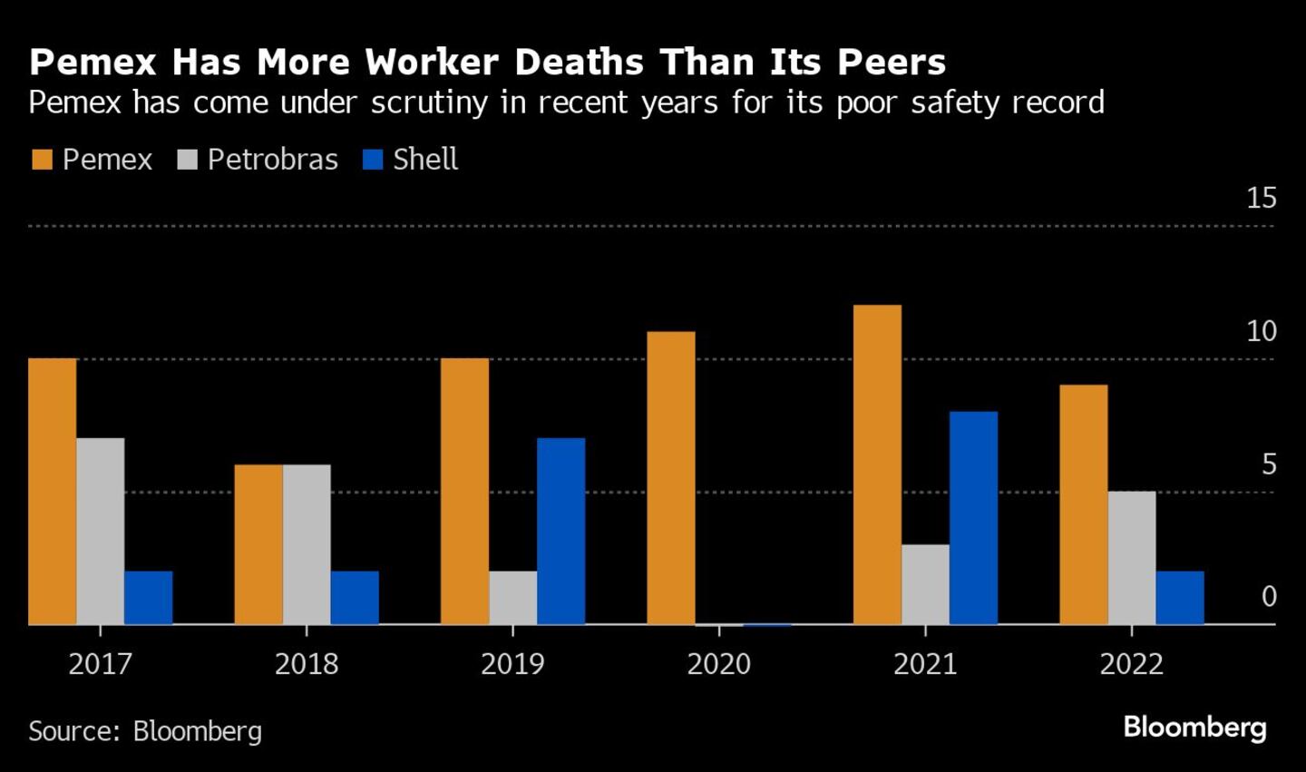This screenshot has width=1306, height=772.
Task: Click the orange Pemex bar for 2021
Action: (x=877, y=464)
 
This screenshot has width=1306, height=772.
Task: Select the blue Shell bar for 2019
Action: (x=560, y=531)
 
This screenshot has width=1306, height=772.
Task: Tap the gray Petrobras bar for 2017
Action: (x=101, y=531)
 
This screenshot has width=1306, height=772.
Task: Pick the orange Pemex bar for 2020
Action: (x=671, y=478)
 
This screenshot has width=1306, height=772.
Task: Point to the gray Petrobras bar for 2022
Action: (x=1132, y=558)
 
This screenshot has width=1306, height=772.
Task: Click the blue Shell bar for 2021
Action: (x=973, y=518)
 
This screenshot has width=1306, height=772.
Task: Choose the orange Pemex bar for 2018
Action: (x=258, y=544)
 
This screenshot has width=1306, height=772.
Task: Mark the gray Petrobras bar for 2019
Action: (x=512, y=598)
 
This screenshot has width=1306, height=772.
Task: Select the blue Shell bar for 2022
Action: (x=1180, y=598)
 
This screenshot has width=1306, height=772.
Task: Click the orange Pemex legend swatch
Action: (x=42, y=161)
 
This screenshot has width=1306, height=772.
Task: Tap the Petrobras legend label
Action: (x=272, y=160)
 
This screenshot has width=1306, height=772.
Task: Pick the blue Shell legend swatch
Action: (x=373, y=161)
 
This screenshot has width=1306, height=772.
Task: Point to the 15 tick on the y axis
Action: (x=1261, y=198)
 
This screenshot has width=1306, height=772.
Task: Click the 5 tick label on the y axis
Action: (x=1268, y=464)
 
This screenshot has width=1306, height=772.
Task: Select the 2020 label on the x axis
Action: (x=718, y=664)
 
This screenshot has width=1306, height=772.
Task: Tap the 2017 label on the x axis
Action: (x=101, y=664)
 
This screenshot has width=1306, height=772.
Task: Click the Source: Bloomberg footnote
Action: (x=145, y=731)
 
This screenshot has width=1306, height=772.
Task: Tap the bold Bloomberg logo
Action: (x=1194, y=728)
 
